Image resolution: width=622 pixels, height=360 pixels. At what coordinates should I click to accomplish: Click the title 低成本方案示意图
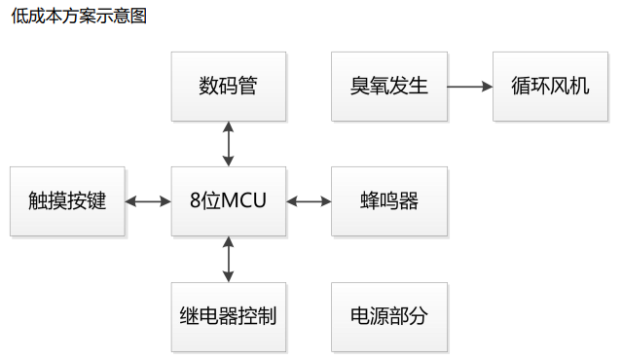pos(79,17)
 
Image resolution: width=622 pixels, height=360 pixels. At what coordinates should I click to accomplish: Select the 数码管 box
pos(229,86)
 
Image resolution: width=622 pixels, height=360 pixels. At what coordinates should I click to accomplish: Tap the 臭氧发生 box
pos(389,86)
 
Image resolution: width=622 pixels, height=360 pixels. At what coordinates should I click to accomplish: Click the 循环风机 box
pos(551,86)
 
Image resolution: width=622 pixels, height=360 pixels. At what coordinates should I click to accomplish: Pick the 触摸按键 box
pos(67,201)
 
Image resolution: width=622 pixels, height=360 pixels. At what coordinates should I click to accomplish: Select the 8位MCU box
pos(229,201)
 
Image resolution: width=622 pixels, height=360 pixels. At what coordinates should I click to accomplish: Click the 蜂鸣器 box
pos(389,201)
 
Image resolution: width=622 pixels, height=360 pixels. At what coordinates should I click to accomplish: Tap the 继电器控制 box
pos(229,316)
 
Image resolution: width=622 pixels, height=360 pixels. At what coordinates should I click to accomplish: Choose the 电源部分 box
pos(389,316)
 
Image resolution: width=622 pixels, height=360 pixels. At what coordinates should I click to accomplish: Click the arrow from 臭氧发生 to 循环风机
pos(470,86)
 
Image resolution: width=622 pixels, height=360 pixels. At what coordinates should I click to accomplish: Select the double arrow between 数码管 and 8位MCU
pos(229,144)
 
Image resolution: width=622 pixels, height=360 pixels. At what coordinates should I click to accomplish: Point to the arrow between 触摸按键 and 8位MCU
pos(148,201)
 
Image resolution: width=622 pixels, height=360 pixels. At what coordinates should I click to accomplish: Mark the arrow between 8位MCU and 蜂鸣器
pos(309,201)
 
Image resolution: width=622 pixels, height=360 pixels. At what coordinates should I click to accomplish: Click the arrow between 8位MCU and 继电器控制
pos(229,259)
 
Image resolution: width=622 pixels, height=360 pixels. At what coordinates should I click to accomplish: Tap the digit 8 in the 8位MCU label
pos(195,201)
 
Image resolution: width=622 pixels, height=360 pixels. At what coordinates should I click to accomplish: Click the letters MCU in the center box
pos(244,201)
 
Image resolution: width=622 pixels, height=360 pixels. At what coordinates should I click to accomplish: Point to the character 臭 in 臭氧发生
pos(360,86)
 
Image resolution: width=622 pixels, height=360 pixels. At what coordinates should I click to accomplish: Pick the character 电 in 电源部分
pos(360,316)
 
